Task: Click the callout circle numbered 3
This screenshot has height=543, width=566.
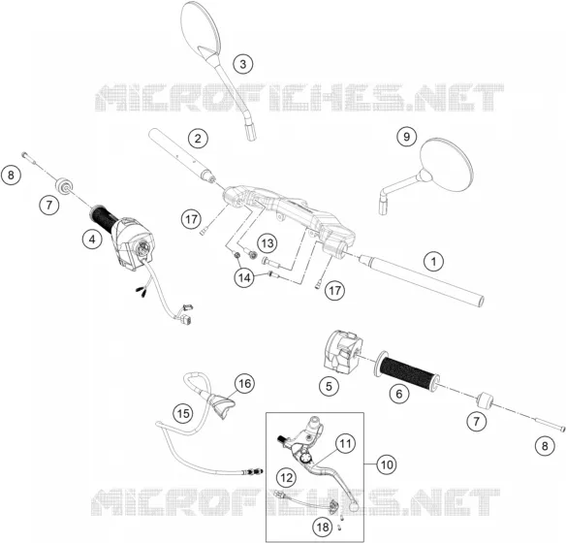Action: click(x=243, y=64)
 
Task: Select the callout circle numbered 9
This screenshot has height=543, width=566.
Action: click(x=407, y=137)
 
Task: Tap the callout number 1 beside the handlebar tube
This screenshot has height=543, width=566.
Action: click(x=434, y=261)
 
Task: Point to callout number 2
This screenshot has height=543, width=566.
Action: click(x=198, y=138)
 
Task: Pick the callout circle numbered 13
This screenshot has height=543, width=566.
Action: click(x=267, y=243)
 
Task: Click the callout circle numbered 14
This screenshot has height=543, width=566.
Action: click(x=244, y=277)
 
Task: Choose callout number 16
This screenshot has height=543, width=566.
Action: click(x=245, y=383)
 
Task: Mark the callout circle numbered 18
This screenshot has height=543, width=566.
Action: click(x=323, y=527)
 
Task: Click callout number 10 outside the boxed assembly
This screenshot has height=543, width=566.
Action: click(x=387, y=464)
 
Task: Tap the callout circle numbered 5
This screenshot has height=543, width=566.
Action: click(x=329, y=387)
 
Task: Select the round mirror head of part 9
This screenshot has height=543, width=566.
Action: click(x=447, y=164)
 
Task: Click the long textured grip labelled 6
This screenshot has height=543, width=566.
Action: click(x=407, y=370)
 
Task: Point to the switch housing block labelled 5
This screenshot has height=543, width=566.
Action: click(x=342, y=351)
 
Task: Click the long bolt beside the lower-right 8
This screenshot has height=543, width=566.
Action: click(x=549, y=424)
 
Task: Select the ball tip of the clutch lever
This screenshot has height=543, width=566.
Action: click(x=354, y=506)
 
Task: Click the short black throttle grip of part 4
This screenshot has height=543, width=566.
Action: click(x=104, y=218)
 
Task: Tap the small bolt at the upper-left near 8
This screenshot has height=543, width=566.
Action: click(x=30, y=158)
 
